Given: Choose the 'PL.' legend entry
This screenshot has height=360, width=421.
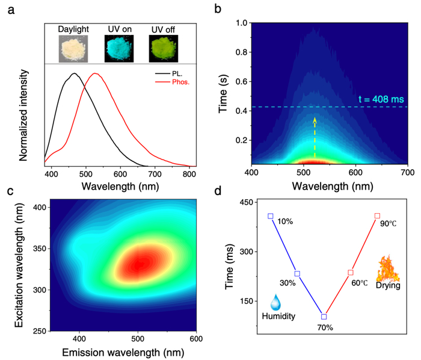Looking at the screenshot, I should pyautogui.click(x=170, y=73).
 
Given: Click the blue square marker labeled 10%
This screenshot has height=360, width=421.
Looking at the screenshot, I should pyautogui.click(x=271, y=216).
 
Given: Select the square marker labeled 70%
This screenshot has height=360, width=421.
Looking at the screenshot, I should pyautogui.click(x=324, y=316).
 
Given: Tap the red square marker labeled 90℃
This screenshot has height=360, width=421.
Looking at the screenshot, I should pyautogui.click(x=377, y=216).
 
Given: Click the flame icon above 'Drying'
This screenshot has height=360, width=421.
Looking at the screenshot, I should pyautogui.click(x=387, y=269).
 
